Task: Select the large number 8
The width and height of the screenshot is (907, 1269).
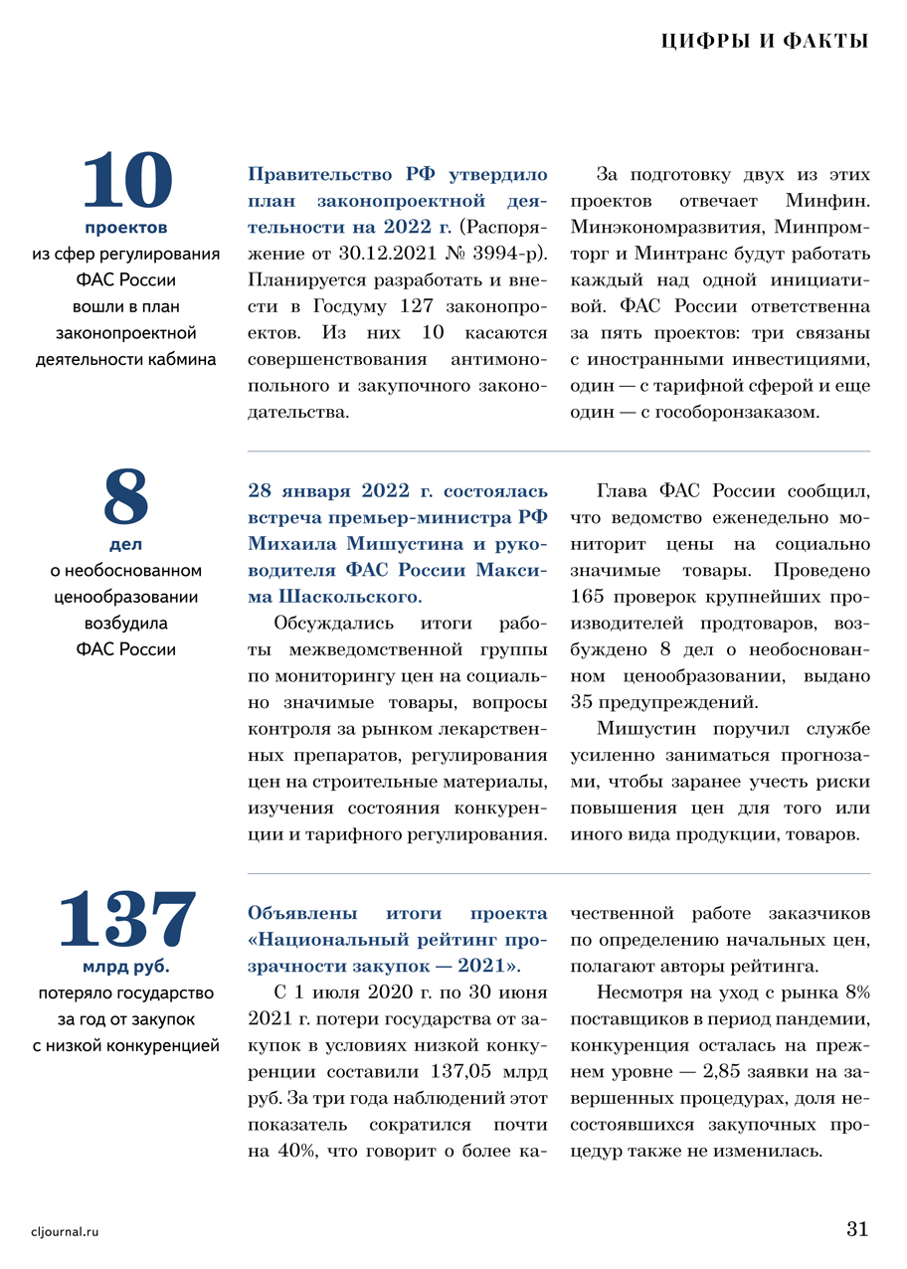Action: pyautogui.click(x=125, y=498)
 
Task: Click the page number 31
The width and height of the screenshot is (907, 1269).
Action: pyautogui.click(x=856, y=1228)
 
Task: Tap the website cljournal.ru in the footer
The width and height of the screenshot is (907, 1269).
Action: pyautogui.click(x=66, y=1231)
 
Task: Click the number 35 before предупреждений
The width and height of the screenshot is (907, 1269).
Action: pyautogui.click(x=582, y=702)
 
